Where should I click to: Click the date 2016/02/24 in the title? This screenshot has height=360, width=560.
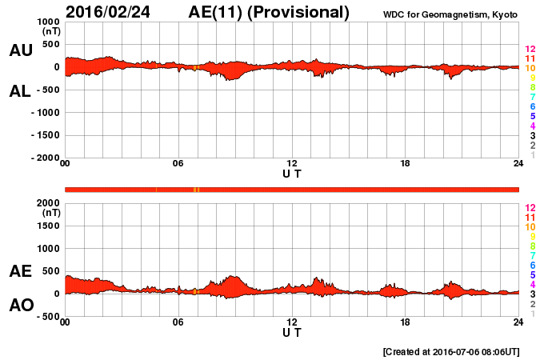click(x=107, y=12)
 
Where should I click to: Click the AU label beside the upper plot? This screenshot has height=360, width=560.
click(x=20, y=50)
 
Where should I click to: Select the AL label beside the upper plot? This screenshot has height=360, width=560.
click(x=20, y=91)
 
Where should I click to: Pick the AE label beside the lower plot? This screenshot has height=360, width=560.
click(x=20, y=271)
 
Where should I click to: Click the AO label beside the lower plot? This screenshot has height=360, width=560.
click(x=20, y=306)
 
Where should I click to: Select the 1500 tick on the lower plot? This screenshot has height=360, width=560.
click(x=49, y=226)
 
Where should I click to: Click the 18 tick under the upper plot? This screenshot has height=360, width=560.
click(x=406, y=164)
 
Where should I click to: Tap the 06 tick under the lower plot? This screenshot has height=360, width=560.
click(x=178, y=322)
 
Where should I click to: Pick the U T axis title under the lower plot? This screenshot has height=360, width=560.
click(x=292, y=332)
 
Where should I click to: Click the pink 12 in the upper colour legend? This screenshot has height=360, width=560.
click(x=530, y=50)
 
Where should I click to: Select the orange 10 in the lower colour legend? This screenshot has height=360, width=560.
click(x=530, y=226)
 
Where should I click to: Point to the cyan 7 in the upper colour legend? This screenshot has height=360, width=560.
click(x=531, y=98)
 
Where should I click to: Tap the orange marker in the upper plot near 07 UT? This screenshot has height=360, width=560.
click(x=194, y=68)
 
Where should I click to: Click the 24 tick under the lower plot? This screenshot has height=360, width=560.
click(x=518, y=322)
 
